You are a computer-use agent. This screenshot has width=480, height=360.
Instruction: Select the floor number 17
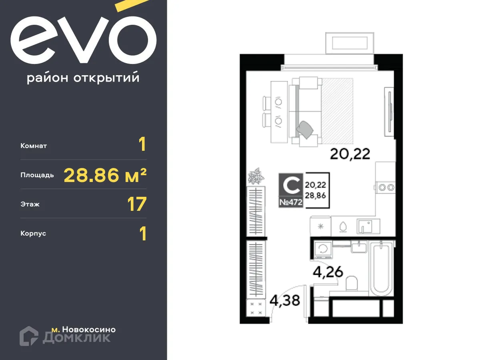click(x=136, y=204)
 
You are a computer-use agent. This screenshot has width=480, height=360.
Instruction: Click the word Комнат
click(x=34, y=146)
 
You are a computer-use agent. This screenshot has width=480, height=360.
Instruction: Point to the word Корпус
click(x=33, y=233)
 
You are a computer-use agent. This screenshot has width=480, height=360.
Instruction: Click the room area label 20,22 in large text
click(x=350, y=153)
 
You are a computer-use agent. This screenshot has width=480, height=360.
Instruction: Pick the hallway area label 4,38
click(x=285, y=300)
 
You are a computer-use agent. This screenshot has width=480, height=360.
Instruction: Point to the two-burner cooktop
click(x=386, y=186)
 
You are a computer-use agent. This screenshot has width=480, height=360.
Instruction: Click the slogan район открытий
click(x=83, y=78)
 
